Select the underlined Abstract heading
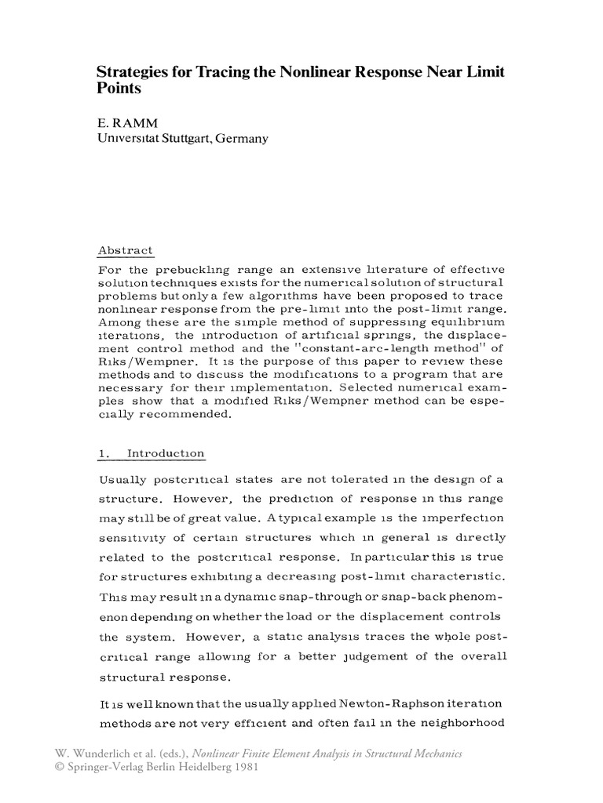click(125, 251)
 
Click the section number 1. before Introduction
click(103, 453)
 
